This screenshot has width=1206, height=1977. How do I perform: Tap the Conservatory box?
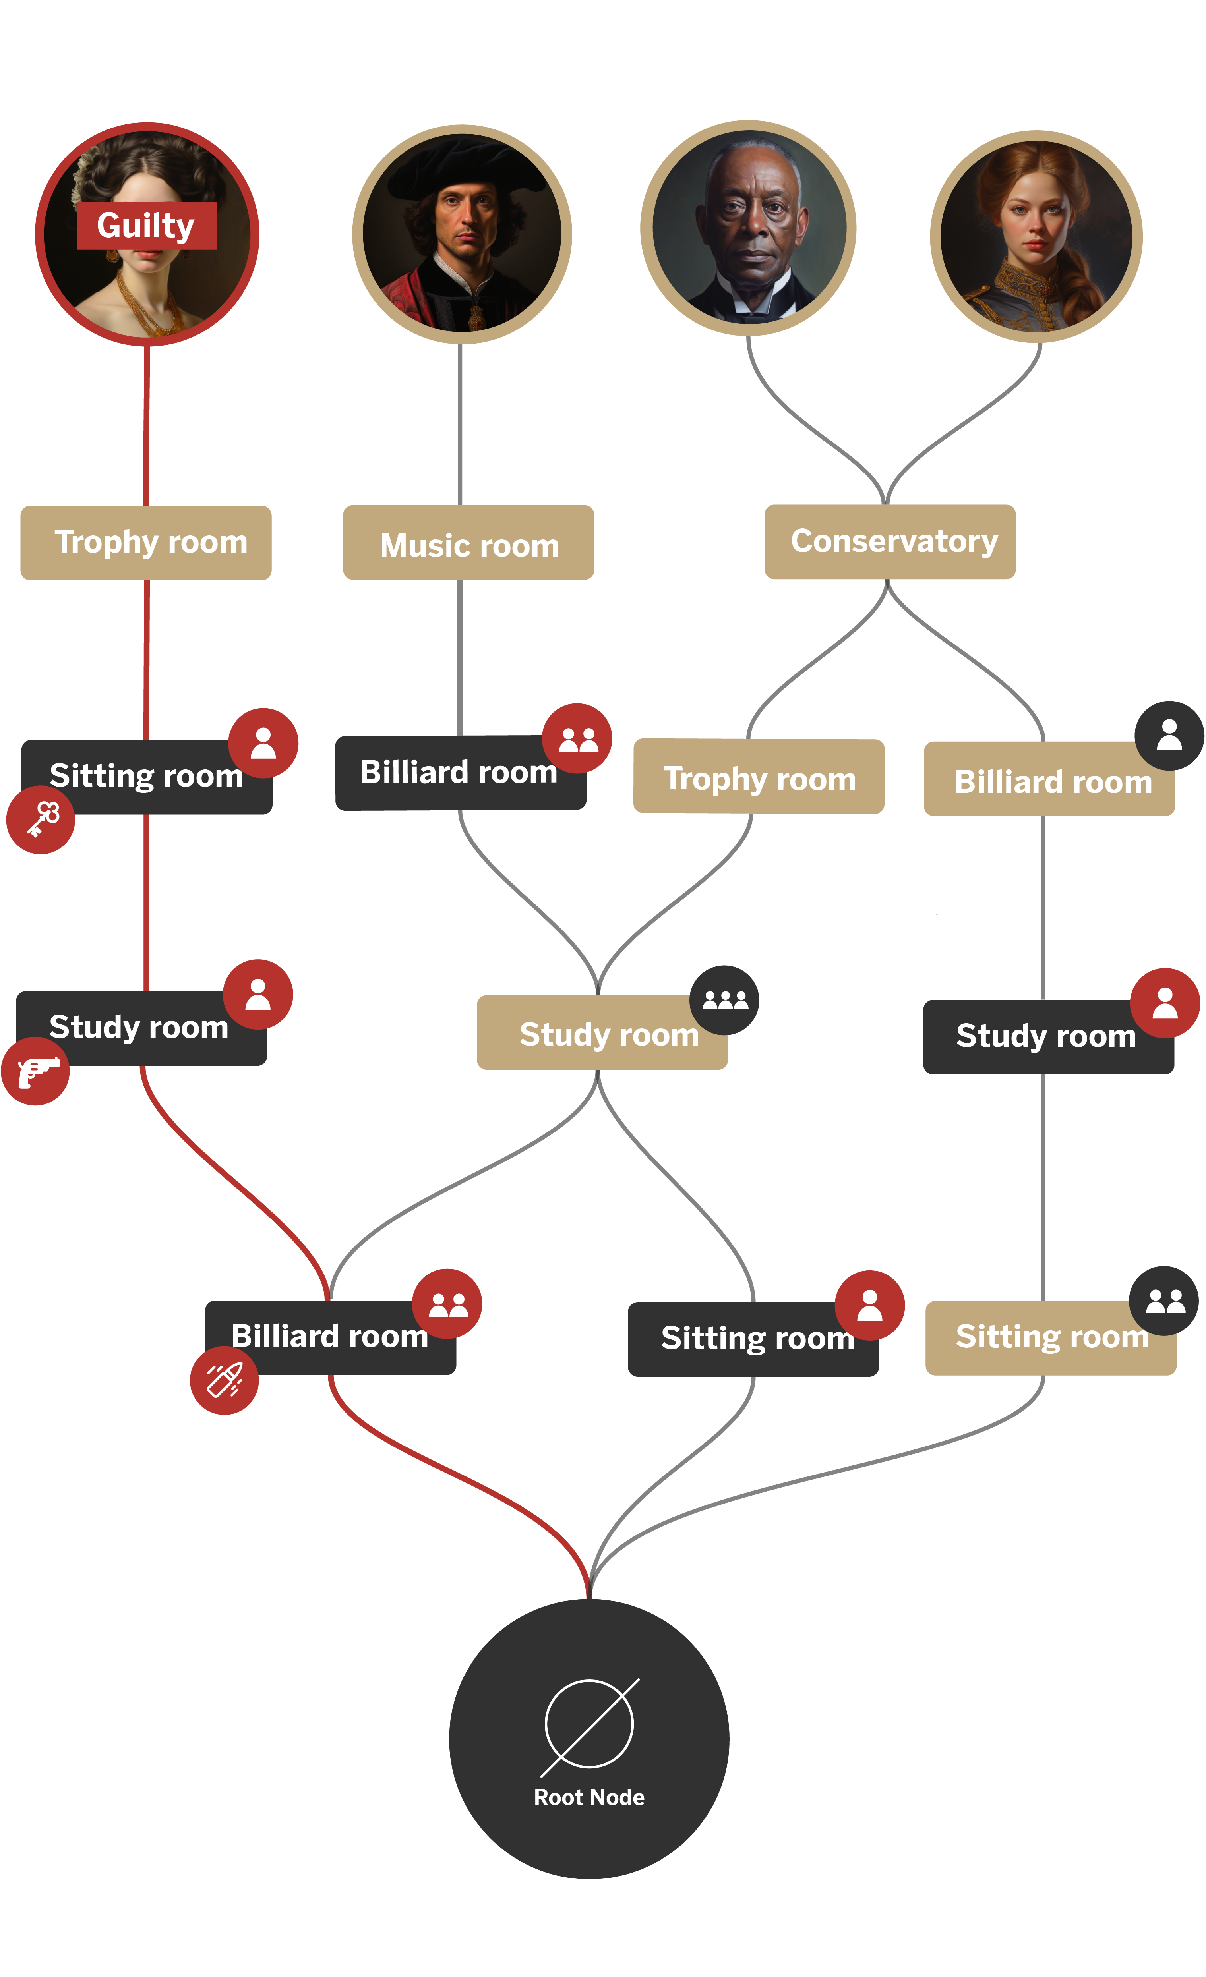(890, 541)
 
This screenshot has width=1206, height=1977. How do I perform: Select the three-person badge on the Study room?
(724, 1000)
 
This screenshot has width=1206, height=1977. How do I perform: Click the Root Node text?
(589, 1797)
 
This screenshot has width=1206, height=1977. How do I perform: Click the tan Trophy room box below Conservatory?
(758, 777)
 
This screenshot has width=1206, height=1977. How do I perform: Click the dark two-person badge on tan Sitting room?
(1164, 1301)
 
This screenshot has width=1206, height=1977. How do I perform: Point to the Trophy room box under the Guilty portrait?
(146, 542)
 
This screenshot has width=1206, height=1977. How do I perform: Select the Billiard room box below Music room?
(460, 773)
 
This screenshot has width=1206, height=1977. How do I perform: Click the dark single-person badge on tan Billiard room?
(1169, 735)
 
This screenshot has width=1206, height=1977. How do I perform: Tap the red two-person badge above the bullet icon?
(447, 1303)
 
